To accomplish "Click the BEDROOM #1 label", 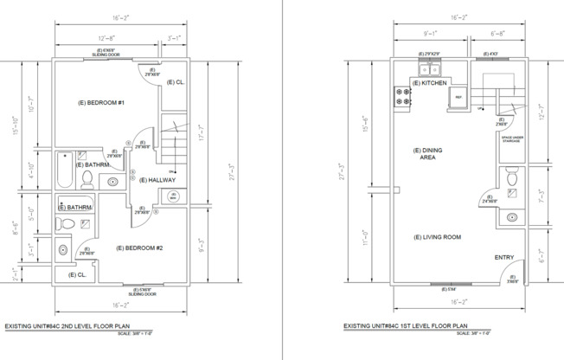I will pos(102,104).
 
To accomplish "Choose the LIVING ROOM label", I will pos(437,237).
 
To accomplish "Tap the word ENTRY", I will pos(504,257).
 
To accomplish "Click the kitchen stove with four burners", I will pos(402,97).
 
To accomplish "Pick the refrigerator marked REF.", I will pos(459,99).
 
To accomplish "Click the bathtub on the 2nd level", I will pos(66,170).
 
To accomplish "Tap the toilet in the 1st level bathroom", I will pos(512,178).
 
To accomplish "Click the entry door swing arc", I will pos(501,273).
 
